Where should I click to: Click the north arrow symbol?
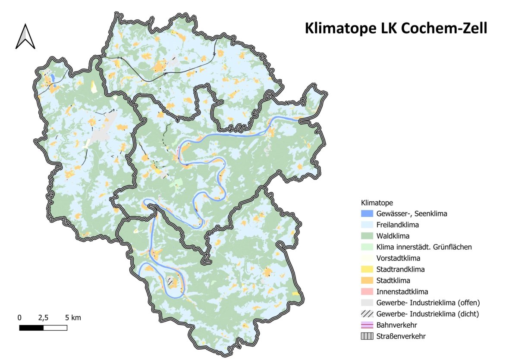point(25,36)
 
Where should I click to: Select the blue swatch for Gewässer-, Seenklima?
point(367,213)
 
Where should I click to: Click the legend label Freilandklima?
point(397,225)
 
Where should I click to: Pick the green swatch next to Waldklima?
point(367,236)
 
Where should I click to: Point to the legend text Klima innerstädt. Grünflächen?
point(424,247)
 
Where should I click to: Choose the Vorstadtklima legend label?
point(398,258)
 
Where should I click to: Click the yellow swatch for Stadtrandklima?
point(367,269)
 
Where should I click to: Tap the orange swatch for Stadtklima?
point(367,281)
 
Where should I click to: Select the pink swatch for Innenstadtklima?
point(367,292)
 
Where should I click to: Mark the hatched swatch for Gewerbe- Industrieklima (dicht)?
point(367,314)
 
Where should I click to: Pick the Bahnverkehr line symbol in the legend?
point(367,325)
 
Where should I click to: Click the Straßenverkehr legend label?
point(401,336)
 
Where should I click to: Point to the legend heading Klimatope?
point(377,202)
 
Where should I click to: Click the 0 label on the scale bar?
point(19,318)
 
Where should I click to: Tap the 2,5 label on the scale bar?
point(43,318)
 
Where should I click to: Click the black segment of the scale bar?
point(31,328)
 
